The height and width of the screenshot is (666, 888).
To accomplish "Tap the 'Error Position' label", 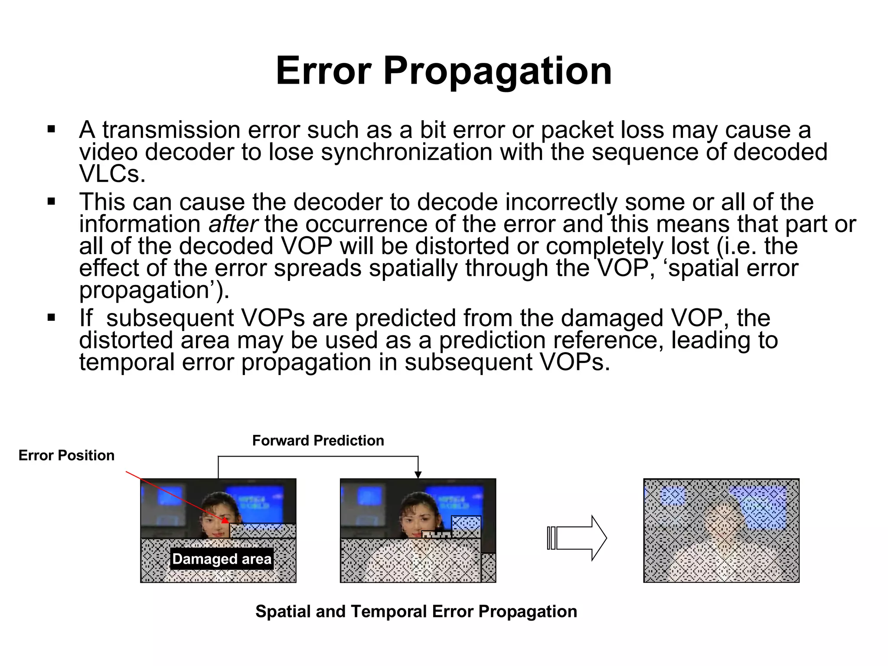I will click(x=66, y=455).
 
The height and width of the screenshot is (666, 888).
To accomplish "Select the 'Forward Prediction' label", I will click(x=318, y=441).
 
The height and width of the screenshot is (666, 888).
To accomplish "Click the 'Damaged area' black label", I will click(x=222, y=559).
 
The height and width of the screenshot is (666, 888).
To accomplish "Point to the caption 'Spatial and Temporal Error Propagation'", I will click(x=416, y=611).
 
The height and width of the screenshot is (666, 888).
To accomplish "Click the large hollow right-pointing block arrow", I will click(x=578, y=538).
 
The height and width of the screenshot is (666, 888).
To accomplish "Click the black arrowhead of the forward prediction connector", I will click(x=418, y=475).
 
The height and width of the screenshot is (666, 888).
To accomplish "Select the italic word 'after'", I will click(x=233, y=224).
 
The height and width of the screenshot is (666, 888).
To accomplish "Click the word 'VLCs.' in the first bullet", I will click(x=112, y=174).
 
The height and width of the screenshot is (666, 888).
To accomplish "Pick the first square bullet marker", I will click(x=52, y=129).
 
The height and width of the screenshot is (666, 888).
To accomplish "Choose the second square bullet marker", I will click(x=52, y=202).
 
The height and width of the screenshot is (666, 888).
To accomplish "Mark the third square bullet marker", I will click(x=52, y=318).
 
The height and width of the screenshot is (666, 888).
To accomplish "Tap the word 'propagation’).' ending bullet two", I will click(x=154, y=290).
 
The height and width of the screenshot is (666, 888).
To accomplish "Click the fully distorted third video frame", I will click(x=721, y=530).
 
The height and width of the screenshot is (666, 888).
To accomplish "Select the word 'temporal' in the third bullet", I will click(x=127, y=362).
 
